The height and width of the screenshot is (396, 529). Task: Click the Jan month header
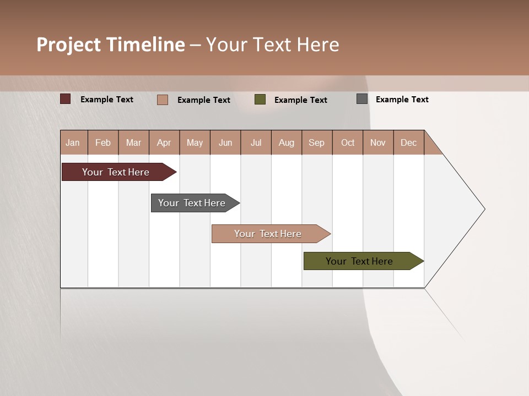pyautogui.click(x=73, y=142)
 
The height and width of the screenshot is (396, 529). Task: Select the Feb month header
pyautogui.click(x=103, y=142)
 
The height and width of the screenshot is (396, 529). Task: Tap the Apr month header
pyautogui.click(x=164, y=142)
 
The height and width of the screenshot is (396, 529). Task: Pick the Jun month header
pyautogui.click(x=225, y=142)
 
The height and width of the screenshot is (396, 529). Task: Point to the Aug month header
pyautogui.click(x=287, y=142)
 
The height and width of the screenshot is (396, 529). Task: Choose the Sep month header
pyautogui.click(x=317, y=142)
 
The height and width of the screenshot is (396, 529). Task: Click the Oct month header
pyautogui.click(x=348, y=142)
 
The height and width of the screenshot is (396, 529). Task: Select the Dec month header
pyautogui.click(x=409, y=142)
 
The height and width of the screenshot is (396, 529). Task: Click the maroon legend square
pyautogui.click(x=65, y=99)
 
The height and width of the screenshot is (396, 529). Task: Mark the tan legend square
pyautogui.click(x=162, y=100)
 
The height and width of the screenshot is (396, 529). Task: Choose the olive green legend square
pyautogui.click(x=260, y=99)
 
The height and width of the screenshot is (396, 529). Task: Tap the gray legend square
pyautogui.click(x=362, y=99)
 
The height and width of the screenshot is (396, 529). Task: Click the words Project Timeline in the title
pyautogui.click(x=111, y=45)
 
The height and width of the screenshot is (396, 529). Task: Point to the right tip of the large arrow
pyautogui.click(x=484, y=209)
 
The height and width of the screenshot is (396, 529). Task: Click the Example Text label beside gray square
pyautogui.click(x=402, y=100)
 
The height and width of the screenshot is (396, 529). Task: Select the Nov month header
pyautogui.click(x=378, y=142)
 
